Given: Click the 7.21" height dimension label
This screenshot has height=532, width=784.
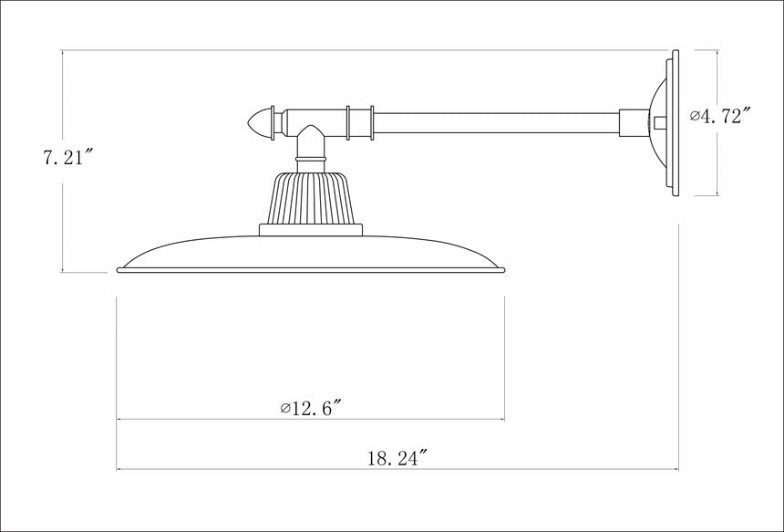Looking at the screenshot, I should tap(67, 157).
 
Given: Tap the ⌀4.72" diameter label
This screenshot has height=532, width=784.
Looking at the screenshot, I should tap(721, 116).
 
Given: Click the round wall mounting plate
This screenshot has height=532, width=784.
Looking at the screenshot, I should tap(673, 121).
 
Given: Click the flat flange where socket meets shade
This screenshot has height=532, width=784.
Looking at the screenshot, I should tap(311, 229).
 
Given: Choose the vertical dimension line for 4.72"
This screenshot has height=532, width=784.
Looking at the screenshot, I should tap(717, 164).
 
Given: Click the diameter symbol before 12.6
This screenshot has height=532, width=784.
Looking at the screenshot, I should tap(285, 407).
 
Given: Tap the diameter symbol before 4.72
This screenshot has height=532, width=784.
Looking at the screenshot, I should tap(695, 117).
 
